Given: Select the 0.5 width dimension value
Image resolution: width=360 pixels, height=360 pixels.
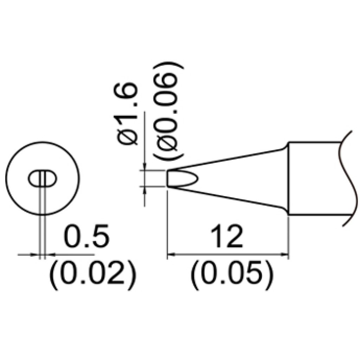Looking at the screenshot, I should click(x=86, y=237).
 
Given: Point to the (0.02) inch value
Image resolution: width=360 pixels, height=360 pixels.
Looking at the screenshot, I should click(x=92, y=275).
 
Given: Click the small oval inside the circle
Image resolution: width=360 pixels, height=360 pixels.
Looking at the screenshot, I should click(x=42, y=179).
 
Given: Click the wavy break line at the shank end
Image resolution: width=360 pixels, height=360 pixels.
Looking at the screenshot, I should click(x=346, y=178).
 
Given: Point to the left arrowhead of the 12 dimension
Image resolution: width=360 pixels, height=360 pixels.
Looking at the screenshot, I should click(x=171, y=254).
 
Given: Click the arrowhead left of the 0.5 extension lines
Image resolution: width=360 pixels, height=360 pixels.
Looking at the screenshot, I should click(x=36, y=254).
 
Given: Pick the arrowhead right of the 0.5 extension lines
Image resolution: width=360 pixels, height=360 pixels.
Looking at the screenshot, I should click(x=49, y=254).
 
